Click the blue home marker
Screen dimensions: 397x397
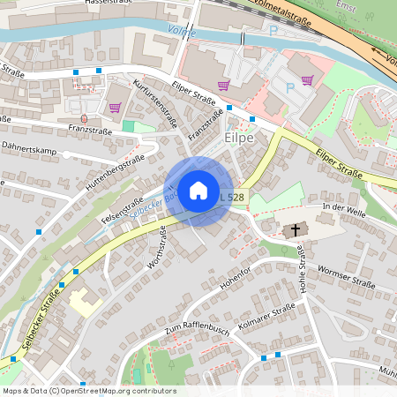[198, 191]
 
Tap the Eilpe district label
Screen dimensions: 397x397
[239, 139]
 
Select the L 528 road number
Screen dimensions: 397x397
[231, 198]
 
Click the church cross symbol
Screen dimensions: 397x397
[296, 230]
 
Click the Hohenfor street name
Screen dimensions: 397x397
[236, 276]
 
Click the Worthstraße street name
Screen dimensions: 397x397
[157, 247]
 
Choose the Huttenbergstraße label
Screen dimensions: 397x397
[115, 175]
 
